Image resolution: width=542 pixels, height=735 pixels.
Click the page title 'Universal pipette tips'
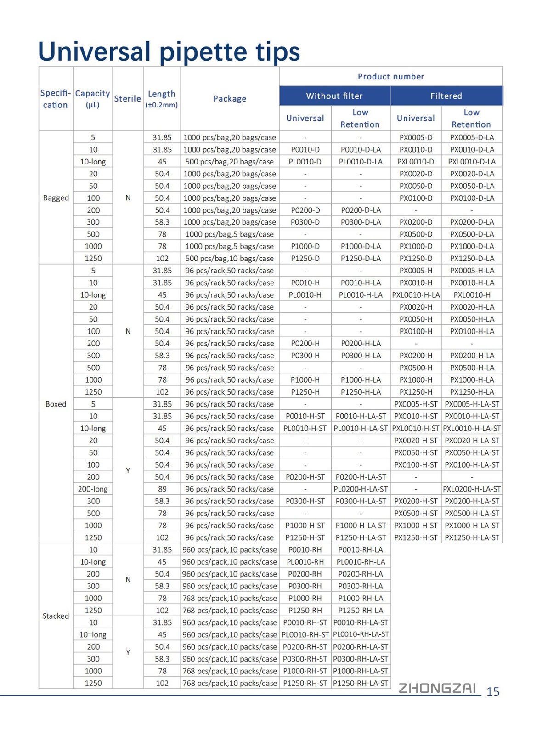pos(169,51)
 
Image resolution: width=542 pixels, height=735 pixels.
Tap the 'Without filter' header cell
pos(334,96)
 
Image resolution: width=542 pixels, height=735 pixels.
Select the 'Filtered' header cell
pos(446,96)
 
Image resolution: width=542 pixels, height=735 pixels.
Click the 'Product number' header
pos(391,76)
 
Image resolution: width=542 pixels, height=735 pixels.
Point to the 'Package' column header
pos(230,99)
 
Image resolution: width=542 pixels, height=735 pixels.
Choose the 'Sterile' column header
pos(128,99)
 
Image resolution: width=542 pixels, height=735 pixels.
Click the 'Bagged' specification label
pos(56,198)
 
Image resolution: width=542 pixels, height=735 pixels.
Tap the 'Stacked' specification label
pos(56,616)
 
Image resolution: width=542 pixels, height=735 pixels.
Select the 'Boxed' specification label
pos(56,404)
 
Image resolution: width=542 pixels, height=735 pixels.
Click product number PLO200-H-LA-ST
pos(361,489)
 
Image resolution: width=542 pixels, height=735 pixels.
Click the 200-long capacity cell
pos(93,489)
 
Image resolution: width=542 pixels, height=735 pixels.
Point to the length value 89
pos(162,489)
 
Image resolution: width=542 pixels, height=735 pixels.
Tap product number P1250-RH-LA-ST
pos(361,683)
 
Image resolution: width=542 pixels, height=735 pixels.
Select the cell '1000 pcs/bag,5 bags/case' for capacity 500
pos(230,234)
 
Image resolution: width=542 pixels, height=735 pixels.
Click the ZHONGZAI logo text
pos(437,688)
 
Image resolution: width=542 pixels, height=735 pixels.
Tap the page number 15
pos(493,692)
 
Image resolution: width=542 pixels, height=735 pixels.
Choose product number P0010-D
pos(305,150)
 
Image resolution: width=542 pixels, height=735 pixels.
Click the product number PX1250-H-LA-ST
pos(472,537)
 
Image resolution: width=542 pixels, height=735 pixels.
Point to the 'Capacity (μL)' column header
pos(93,99)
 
